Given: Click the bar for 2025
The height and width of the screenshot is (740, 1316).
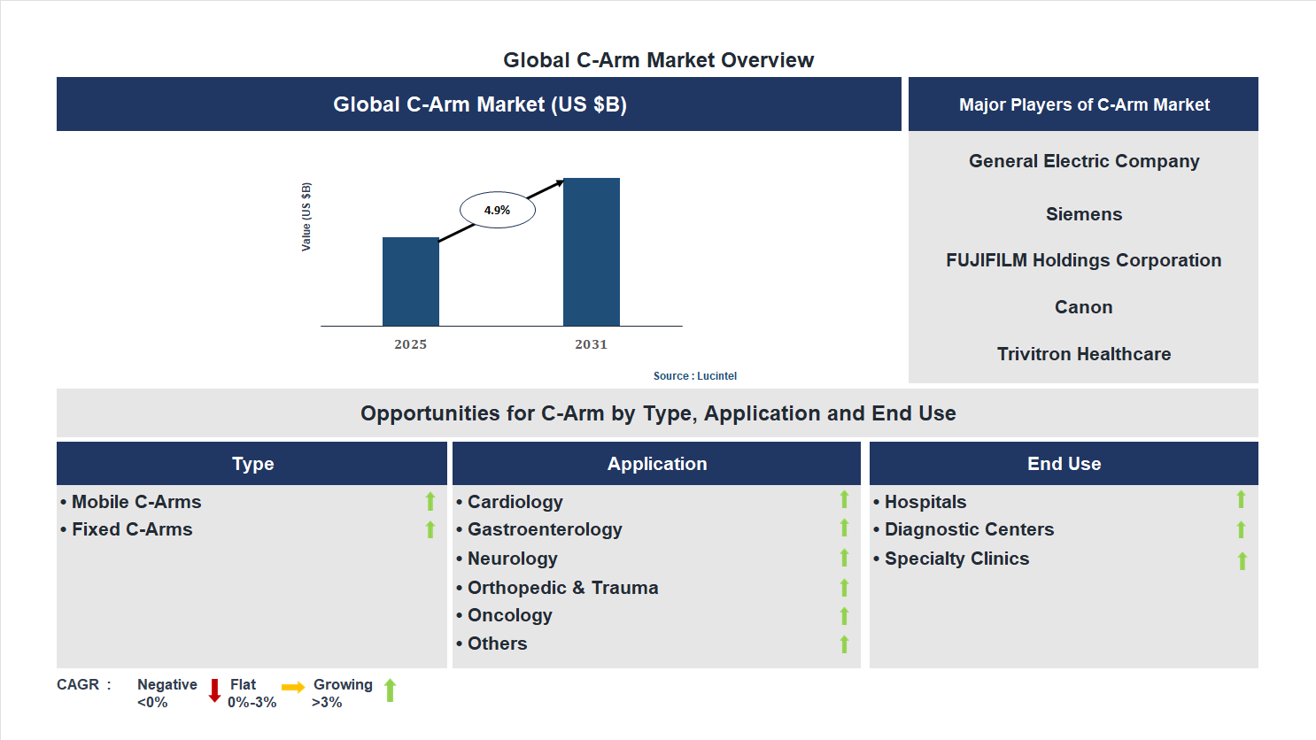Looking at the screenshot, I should tap(410, 281).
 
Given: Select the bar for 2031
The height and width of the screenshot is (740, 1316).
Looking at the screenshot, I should tap(591, 252).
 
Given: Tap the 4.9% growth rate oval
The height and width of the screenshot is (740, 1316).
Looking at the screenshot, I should tap(497, 211).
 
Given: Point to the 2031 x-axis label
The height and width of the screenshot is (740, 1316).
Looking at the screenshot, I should tap(591, 344).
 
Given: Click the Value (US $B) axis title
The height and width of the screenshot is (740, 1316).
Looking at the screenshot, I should tap(306, 217).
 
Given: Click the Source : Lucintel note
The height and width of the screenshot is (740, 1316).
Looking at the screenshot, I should tap(694, 376).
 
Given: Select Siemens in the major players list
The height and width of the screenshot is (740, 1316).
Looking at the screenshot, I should tap(1083, 214).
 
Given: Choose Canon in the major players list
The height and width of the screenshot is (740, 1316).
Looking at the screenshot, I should tap(1083, 307).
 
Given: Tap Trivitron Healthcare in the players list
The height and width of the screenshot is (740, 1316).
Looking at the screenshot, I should tap(1083, 354).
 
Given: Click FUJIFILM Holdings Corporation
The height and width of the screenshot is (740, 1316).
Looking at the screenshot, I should tap(1083, 260).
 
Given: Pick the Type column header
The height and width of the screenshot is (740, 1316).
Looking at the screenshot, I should tap(252, 464).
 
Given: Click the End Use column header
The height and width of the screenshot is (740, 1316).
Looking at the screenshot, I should tap(1064, 464).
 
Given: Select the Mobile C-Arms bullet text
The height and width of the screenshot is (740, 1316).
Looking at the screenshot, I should tap(136, 502).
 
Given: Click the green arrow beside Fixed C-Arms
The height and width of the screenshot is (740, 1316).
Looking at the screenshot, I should tap(430, 529).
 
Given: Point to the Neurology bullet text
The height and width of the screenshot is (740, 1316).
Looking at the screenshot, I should tap(512, 559).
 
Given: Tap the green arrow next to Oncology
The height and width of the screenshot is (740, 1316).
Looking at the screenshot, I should tap(844, 616).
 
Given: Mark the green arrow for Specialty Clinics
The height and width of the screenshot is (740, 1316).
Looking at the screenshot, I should tap(1242, 560).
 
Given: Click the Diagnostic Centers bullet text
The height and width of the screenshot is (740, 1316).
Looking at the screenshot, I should tap(969, 529).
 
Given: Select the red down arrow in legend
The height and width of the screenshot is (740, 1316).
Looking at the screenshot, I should tap(214, 690).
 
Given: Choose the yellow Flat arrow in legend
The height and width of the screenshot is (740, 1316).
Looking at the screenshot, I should tap(293, 687).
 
